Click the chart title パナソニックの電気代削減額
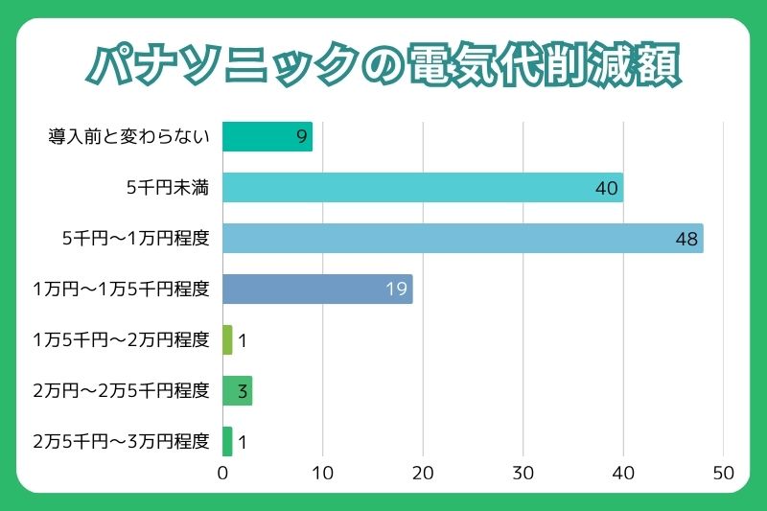[383, 66]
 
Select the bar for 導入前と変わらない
[267, 137]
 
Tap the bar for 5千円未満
[422, 188]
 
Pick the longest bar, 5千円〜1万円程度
[462, 239]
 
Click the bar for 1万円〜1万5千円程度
[316, 289]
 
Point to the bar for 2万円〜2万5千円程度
[237, 390]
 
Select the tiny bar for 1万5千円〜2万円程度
[227, 339]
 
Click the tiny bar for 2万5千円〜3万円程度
[227, 441]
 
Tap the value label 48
[686, 239]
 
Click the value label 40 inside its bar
[606, 188]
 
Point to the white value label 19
[397, 289]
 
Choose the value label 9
[302, 137]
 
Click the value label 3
[243, 390]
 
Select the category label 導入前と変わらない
[128, 137]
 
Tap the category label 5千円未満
[168, 188]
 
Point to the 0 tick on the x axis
[222, 473]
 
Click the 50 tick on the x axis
[723, 473]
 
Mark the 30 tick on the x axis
[523, 473]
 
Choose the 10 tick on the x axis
[322, 473]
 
